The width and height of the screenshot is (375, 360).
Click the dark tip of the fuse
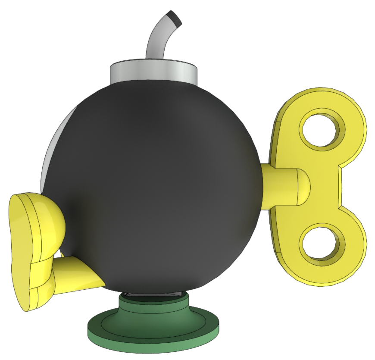[x=175, y=18]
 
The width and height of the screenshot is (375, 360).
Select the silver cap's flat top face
[x=153, y=65]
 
